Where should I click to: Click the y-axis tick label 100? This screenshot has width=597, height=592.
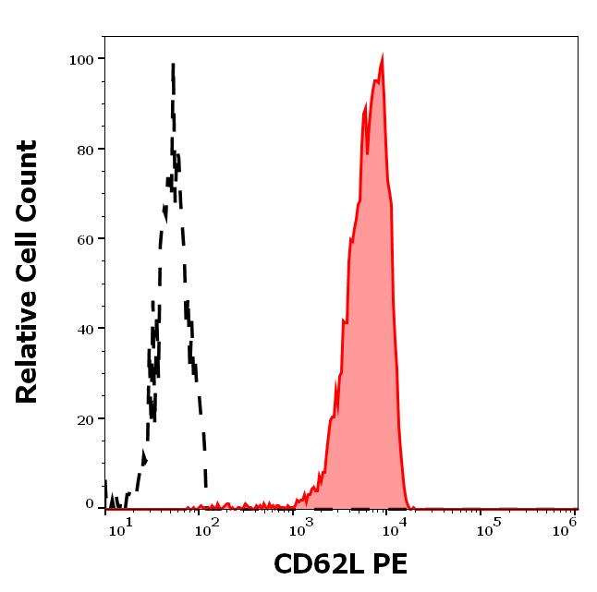click(x=82, y=59)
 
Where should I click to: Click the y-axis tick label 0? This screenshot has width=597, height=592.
click(x=90, y=504)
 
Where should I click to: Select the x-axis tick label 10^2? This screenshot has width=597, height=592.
click(x=212, y=527)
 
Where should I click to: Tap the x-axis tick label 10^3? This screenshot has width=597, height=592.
click(x=303, y=527)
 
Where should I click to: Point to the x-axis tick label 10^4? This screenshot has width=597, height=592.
click(x=395, y=527)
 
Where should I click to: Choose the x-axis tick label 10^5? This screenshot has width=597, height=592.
click(x=485, y=527)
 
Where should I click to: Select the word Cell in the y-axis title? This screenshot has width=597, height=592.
click(x=28, y=262)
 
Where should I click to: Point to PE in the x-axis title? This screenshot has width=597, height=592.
click(x=389, y=564)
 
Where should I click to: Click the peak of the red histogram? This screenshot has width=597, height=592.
click(x=382, y=55)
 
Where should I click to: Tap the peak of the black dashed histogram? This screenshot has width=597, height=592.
click(x=173, y=65)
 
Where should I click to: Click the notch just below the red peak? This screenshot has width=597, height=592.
click(x=368, y=151)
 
